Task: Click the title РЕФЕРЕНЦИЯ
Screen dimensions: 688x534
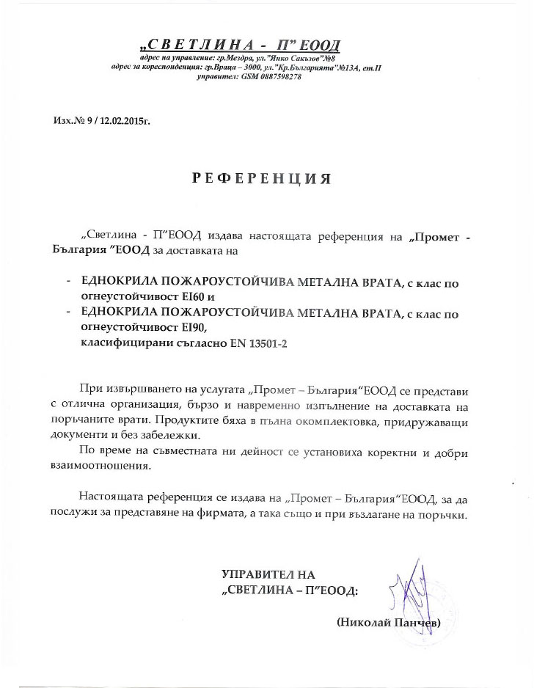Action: coord(261,178)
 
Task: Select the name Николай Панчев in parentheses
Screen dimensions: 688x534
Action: coord(388,622)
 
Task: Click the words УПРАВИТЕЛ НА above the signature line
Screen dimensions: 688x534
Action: coord(268,574)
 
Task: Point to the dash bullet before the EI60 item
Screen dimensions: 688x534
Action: coord(68,282)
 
